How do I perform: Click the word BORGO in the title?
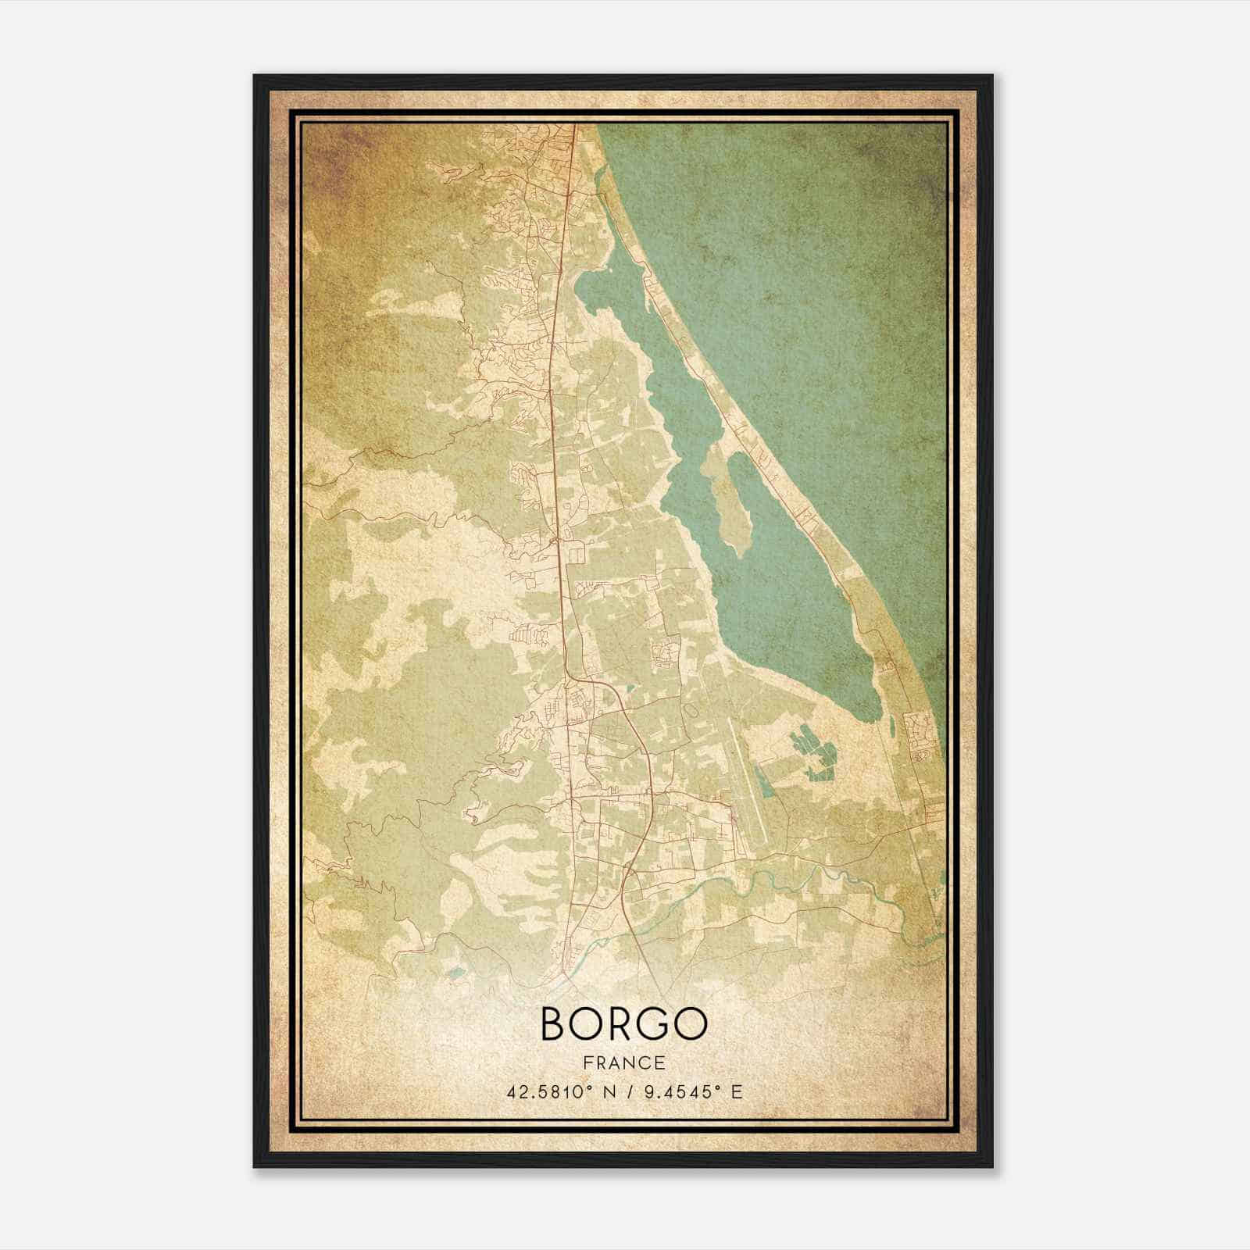pos(623,1023)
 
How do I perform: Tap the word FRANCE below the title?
pos(623,1062)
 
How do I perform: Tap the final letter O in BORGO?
pos(691,1023)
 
